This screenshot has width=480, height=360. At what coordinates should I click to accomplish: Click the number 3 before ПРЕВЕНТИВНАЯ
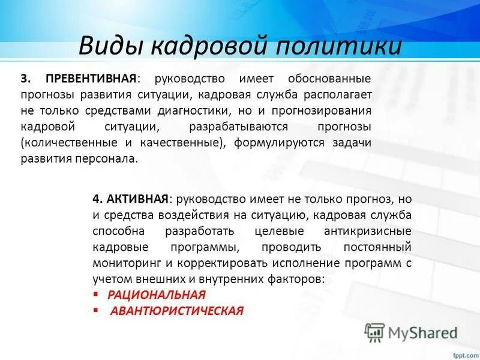(x=25, y=79)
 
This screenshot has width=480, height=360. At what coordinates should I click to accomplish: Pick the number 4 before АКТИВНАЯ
(x=96, y=199)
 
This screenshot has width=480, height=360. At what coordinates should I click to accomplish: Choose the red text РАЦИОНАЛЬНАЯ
(x=156, y=295)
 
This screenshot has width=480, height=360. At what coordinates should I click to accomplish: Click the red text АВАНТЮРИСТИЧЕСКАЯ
(x=177, y=311)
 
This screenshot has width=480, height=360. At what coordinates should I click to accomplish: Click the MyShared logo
(x=411, y=332)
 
